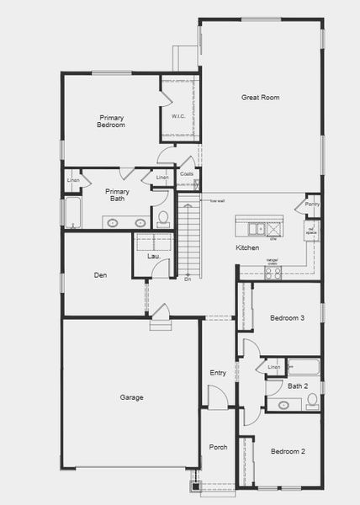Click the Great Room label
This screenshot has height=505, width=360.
pos(260,98)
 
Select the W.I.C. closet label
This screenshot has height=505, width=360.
pos(178,117)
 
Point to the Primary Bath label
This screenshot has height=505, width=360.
pos(117,195)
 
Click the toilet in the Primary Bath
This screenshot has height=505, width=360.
pos(163,220)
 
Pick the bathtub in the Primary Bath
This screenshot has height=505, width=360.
pos(71,213)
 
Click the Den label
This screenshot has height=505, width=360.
pos(100,275)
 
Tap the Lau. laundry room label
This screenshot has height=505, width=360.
pos(154,256)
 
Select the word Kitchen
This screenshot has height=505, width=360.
pos(247,248)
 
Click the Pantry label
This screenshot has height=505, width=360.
pos(312,204)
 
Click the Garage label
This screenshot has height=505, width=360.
pos(131,397)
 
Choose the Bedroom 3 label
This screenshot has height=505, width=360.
pos(287,318)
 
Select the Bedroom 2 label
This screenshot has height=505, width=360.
pos(288,452)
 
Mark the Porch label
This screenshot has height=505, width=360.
pos(217,447)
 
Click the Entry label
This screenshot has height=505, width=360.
pos(218,373)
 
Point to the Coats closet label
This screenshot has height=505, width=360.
pos(187,174)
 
